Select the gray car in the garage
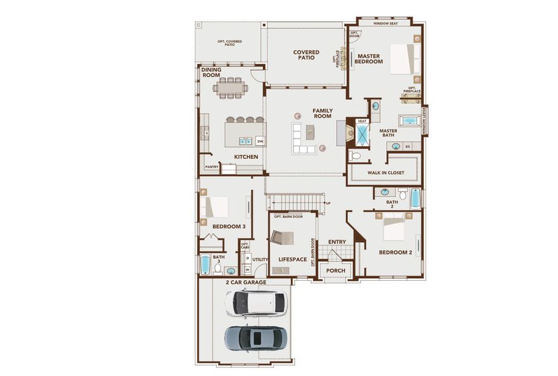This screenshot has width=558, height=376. (257, 338)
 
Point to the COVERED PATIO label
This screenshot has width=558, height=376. (306, 56)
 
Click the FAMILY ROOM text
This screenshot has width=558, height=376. (322, 113)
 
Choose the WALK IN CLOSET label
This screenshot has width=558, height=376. (386, 172)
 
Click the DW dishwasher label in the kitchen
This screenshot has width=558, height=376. (260, 141)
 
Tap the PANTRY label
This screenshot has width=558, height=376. (211, 167)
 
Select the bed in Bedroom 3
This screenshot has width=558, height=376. (215, 206)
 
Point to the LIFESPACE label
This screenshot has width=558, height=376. (292, 259)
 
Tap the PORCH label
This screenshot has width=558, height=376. (335, 271)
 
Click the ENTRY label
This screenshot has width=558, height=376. (337, 242)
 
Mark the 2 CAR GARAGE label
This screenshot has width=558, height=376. (246, 283)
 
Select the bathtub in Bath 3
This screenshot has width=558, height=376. (205, 264)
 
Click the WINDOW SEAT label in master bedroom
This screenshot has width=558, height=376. (386, 23)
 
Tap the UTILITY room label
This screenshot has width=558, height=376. (260, 259)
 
